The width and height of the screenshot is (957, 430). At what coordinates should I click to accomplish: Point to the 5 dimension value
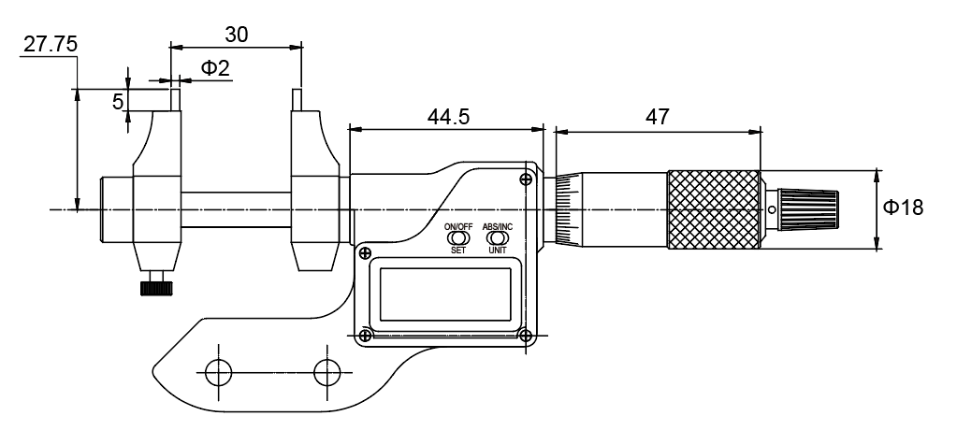pyautogui.click(x=118, y=101)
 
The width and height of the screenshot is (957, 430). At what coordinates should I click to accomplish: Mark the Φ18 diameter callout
pyautogui.click(x=905, y=208)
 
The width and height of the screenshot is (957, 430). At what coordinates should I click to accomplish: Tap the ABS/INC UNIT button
pyautogui.click(x=497, y=238)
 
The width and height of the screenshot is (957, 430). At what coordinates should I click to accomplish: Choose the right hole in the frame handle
pyautogui.click(x=327, y=372)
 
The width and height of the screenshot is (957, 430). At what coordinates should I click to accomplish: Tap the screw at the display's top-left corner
pyautogui.click(x=365, y=252)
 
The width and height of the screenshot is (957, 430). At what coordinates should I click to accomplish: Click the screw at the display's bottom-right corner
pyautogui.click(x=526, y=335)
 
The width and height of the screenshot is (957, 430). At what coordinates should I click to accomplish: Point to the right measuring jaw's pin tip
pyautogui.click(x=297, y=99)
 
